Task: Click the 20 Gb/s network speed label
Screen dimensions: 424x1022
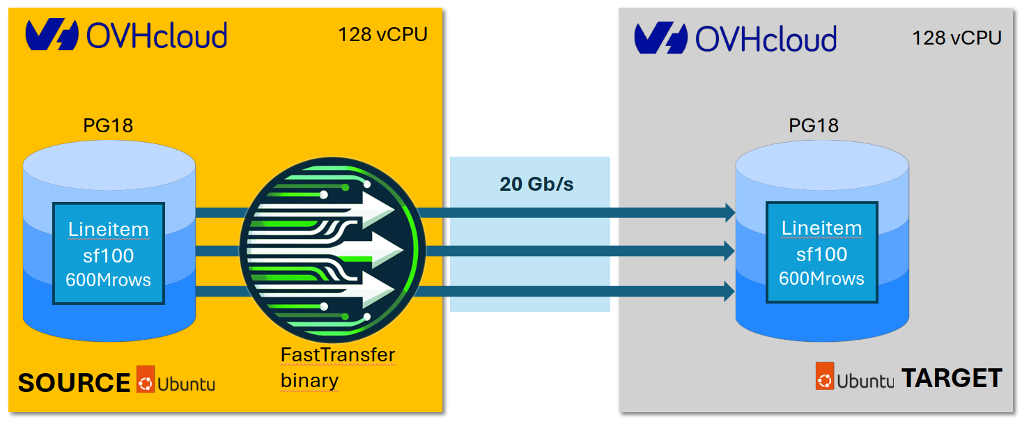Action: click(x=536, y=184)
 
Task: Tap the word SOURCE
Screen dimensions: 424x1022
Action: click(x=74, y=383)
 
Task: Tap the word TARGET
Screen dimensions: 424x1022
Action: click(x=952, y=378)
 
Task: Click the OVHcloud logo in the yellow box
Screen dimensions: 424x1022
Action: click(x=126, y=36)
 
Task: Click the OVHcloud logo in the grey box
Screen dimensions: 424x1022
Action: click(x=735, y=38)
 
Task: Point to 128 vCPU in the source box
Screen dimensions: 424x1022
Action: click(x=382, y=34)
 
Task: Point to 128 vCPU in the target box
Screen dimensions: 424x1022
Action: click(x=957, y=38)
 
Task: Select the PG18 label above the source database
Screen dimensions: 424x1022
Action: click(x=108, y=125)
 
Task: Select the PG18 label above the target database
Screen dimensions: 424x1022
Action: click(x=813, y=125)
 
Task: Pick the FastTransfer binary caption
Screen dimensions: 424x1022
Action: click(x=337, y=368)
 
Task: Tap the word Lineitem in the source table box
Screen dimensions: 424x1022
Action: click(x=108, y=229)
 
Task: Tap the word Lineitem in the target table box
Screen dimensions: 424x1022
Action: click(x=821, y=228)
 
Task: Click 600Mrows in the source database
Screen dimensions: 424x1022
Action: click(x=108, y=280)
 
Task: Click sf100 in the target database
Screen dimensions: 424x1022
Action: click(x=821, y=254)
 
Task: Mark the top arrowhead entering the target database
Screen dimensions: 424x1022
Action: click(x=730, y=212)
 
